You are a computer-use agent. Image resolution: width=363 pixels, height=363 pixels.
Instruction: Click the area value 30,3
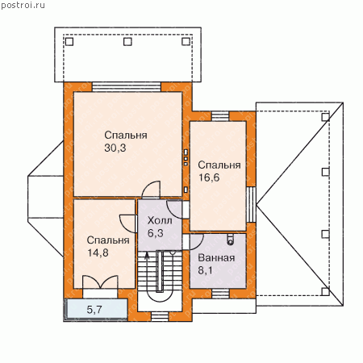point(115,148)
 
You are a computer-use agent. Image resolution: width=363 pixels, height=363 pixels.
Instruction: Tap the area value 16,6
point(209,177)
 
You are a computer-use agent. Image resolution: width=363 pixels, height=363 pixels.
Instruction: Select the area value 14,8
point(98,252)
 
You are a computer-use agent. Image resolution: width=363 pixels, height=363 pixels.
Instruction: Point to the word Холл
point(160,221)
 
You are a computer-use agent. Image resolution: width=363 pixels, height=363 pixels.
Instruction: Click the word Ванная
point(216,258)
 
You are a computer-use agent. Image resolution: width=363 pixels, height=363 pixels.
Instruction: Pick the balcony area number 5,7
point(94,310)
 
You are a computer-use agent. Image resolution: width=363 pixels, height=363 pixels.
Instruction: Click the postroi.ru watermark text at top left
point(23,5)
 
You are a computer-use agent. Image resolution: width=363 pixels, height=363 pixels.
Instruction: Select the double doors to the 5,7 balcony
point(100,282)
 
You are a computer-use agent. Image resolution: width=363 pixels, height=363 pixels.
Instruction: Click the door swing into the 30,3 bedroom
point(151,190)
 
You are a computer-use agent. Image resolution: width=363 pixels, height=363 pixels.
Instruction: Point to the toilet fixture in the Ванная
point(231,240)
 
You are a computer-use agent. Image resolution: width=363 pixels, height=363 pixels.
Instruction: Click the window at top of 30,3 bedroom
point(127,87)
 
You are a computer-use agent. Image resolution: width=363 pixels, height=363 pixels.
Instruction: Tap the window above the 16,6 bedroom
point(220,116)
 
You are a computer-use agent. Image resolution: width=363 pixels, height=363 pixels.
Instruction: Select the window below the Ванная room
point(220,294)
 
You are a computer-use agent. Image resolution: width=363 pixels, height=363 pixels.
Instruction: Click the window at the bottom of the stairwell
point(160,317)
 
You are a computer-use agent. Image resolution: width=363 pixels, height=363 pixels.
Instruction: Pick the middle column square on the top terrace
point(127,42)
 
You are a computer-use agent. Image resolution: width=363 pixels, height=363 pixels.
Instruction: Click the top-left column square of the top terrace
point(69,42)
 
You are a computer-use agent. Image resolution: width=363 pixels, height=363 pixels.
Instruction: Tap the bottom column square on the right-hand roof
point(326,292)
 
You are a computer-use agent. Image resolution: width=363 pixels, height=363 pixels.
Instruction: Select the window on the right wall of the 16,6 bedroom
point(251,204)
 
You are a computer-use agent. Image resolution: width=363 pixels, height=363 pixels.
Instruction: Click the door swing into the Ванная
point(196,241)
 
